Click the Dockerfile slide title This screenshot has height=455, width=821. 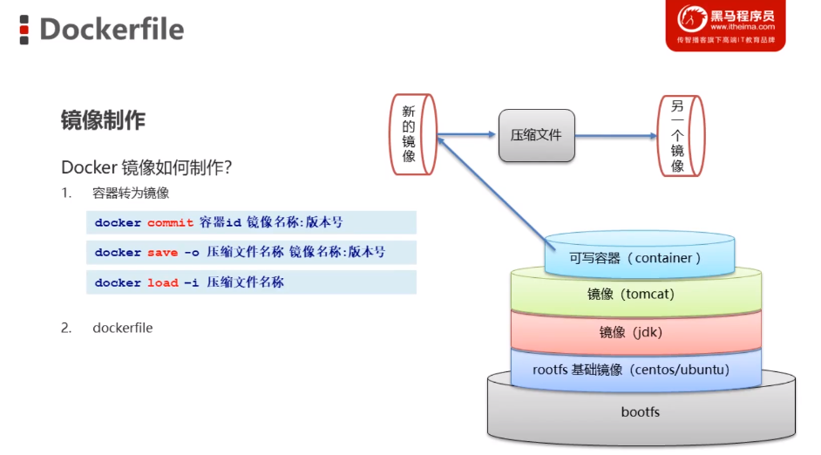[112, 30]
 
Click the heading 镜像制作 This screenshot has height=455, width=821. [103, 120]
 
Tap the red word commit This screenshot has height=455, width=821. [170, 223]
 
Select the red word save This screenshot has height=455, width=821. [162, 253]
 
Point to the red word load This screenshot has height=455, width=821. [162, 282]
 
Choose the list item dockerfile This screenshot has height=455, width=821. [122, 328]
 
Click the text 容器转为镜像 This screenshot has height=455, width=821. [131, 193]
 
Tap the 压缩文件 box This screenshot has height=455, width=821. [536, 135]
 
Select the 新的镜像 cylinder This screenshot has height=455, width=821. [411, 134]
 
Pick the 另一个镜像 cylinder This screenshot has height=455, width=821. [679, 134]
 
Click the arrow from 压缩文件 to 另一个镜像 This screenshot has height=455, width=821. [615, 136]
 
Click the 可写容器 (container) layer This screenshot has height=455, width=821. [634, 258]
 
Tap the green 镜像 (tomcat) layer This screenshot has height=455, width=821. [634, 295]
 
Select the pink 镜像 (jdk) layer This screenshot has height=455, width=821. [634, 332]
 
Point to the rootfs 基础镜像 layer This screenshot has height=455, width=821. [634, 370]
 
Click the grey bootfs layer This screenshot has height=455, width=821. [641, 411]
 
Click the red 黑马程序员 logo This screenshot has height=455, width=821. [725, 25]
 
